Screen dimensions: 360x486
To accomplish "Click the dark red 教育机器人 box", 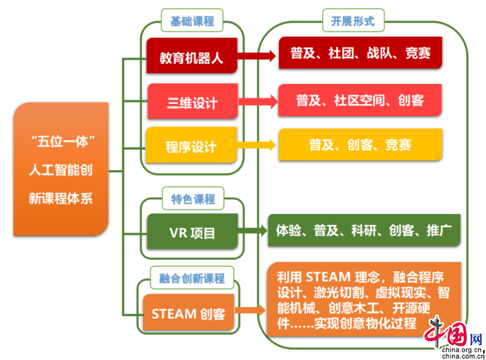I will pos(191,58).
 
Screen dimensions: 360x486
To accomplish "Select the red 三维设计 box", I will pos(191,102).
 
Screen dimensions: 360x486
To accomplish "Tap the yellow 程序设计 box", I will pos(191,146).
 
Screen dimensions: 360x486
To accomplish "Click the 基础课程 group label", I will pos(191,21).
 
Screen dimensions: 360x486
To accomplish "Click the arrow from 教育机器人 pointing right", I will pos(257,54).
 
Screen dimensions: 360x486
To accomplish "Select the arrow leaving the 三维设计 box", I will pos(257,100).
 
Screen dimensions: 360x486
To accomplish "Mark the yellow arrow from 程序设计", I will pos(257,144).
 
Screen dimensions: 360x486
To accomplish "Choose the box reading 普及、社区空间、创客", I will pos(360,100).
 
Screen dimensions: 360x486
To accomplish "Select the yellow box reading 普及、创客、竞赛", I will pos(360,144).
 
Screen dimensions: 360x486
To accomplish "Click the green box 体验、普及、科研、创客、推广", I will pos(364,230).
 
